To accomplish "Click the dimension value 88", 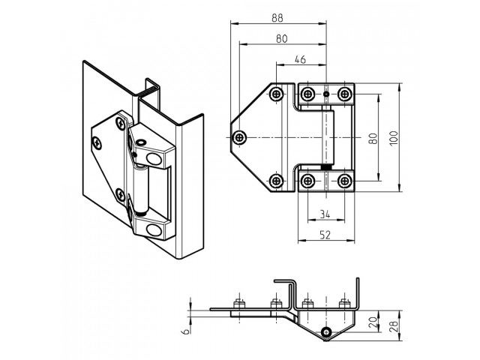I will pyautogui.click(x=277, y=16).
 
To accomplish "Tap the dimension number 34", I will pyautogui.click(x=325, y=214).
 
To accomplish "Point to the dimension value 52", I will pyautogui.click(x=325, y=235).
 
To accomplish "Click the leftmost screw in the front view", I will pyautogui.click(x=239, y=137).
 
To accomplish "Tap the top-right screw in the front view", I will pyautogui.click(x=344, y=94).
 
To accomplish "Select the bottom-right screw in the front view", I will pyautogui.click(x=344, y=181).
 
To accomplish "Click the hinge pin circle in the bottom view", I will pyautogui.click(x=325, y=331).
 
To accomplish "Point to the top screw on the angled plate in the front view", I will pyautogui.click(x=277, y=94).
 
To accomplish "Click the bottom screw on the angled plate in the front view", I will pyautogui.click(x=277, y=181).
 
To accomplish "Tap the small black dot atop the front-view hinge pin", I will pyautogui.click(x=326, y=93).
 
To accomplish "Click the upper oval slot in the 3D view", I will pyautogui.click(x=155, y=157).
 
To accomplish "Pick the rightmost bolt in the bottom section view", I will pyautogui.click(x=344, y=304).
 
